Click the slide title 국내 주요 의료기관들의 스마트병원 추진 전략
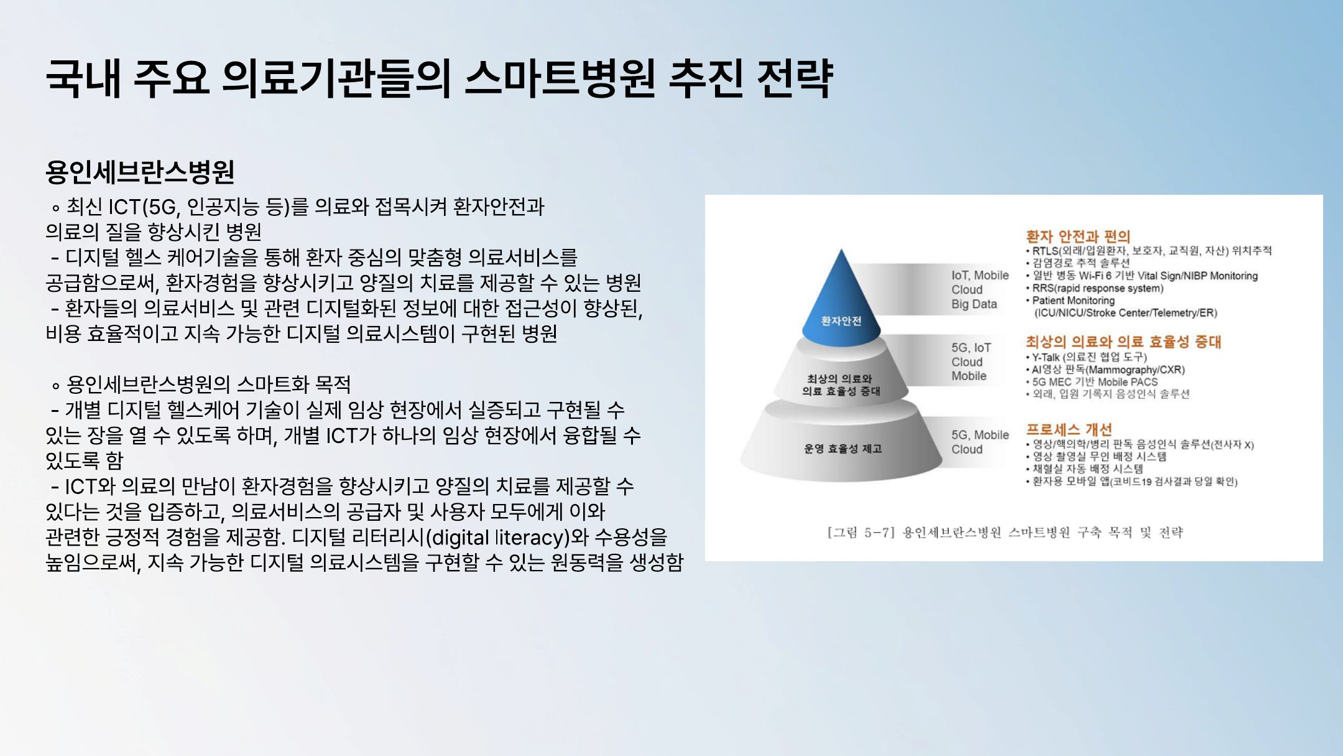point(439,79)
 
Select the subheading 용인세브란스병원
point(140,172)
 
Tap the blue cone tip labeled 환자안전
point(841,299)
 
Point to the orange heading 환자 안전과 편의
point(1078,236)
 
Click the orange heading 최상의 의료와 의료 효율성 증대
point(1124,342)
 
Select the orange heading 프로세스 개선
point(1069,429)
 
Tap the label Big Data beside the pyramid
point(974,304)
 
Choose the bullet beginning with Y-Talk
point(1086,357)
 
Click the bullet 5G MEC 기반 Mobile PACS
point(1092,382)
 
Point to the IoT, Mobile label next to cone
point(980,276)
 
